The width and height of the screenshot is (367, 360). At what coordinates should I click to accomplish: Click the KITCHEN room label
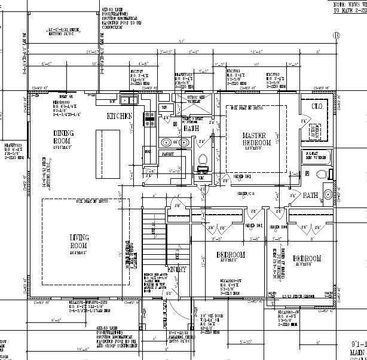pos(119,116)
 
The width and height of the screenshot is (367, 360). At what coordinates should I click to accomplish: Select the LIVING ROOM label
pos(79,241)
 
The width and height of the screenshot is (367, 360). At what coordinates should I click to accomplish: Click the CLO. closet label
pos(317,106)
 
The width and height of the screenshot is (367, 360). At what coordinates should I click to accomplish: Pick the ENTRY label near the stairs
pos(178,270)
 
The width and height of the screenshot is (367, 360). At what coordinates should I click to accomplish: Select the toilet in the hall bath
pos(202,160)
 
